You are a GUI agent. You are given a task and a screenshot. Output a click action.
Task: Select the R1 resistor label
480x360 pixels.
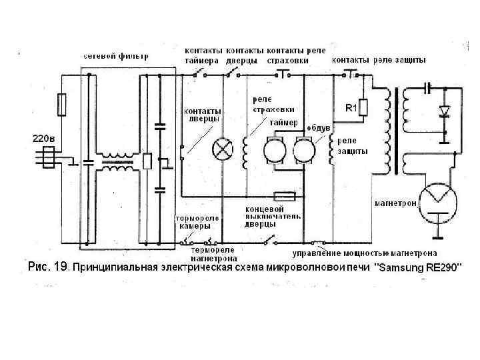(351, 107)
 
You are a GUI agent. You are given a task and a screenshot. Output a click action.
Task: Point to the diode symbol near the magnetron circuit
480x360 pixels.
(442, 111)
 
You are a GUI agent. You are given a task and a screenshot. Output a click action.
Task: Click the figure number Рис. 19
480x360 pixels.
(48, 267)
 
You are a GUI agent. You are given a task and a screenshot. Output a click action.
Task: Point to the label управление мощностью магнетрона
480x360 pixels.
(365, 253)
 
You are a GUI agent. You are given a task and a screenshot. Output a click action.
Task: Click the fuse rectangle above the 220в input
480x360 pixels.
(61, 103)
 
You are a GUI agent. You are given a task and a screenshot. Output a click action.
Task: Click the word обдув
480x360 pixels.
(318, 127)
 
